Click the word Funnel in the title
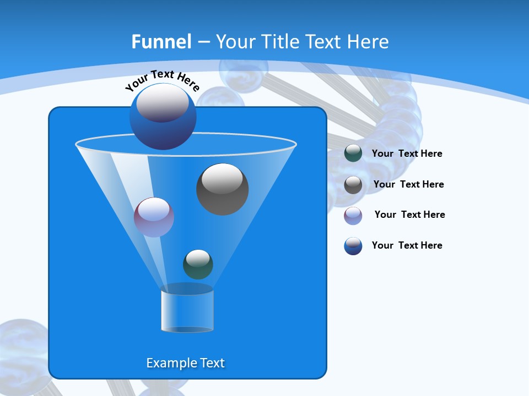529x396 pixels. click(x=161, y=42)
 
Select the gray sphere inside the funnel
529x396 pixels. click(x=222, y=189)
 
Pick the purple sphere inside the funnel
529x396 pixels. click(x=154, y=217)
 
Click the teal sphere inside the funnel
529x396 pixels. click(x=198, y=265)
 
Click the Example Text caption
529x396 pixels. click(x=185, y=363)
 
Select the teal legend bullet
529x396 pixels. click(x=353, y=153)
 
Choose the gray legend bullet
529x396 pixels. click(x=353, y=185)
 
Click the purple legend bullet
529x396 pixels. click(x=353, y=216)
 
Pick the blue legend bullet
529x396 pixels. click(x=353, y=246)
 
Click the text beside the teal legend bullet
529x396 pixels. click(x=407, y=154)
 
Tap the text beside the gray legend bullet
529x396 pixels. click(x=408, y=184)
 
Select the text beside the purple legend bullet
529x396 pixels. click(x=409, y=215)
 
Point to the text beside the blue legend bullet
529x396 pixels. click(x=407, y=245)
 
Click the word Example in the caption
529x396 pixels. click(x=169, y=363)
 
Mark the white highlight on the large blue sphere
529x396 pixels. click(x=162, y=104)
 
